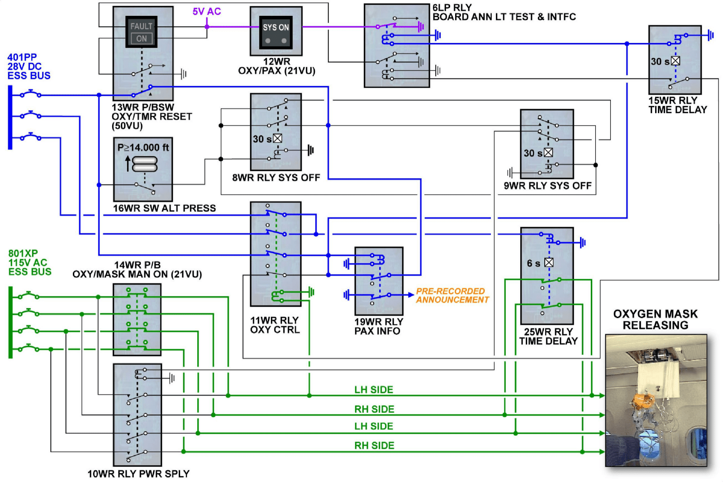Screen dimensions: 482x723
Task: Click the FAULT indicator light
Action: (141, 26)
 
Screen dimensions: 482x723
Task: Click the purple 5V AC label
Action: (207, 11)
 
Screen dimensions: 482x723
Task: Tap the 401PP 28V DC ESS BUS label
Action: (29, 67)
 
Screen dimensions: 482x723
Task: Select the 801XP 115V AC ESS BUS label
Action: (29, 262)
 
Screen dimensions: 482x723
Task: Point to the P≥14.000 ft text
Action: (143, 148)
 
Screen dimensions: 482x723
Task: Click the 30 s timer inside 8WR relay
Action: (267, 139)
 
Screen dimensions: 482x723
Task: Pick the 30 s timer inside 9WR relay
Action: (538, 153)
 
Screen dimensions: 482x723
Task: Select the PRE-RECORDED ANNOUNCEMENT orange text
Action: (452, 296)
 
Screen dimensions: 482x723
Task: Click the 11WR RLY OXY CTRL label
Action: (275, 325)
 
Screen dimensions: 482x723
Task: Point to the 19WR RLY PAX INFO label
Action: (378, 326)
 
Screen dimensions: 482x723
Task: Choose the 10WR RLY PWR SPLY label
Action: (138, 474)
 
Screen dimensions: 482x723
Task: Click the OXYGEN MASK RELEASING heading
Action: (655, 320)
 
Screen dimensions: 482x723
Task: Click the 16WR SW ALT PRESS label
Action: (164, 208)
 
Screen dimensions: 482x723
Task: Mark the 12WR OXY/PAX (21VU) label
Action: (276, 66)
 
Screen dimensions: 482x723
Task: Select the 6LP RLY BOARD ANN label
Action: (504, 12)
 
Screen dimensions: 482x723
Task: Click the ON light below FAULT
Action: (142, 39)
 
